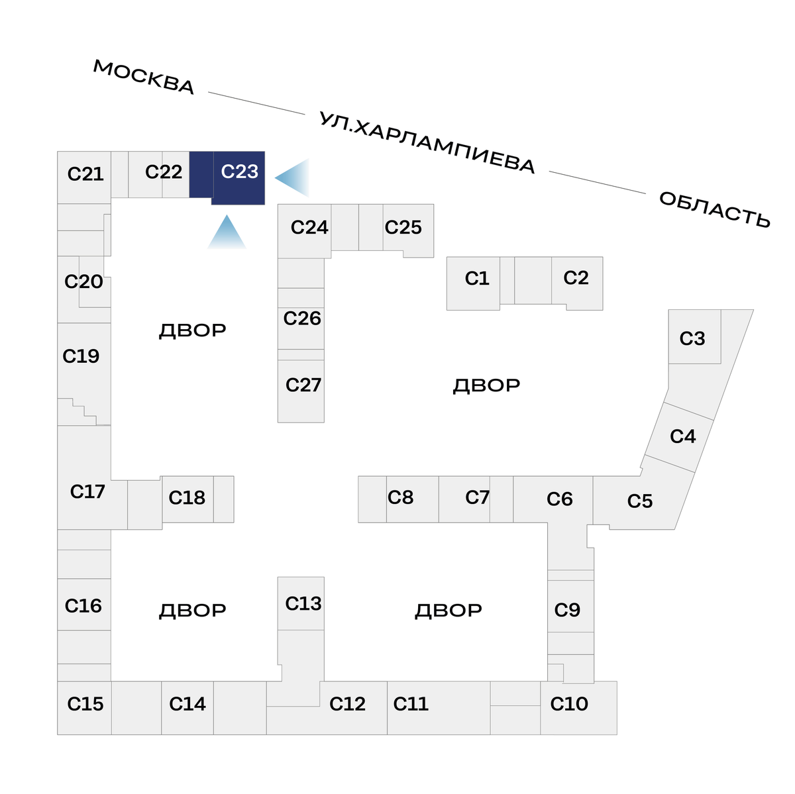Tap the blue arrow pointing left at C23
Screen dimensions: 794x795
(x=294, y=177)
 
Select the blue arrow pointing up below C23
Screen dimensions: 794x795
(x=227, y=233)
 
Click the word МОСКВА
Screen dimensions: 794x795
(x=144, y=77)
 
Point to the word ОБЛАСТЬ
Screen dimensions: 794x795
(x=715, y=209)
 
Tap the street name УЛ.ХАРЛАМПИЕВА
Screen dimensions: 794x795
(x=427, y=142)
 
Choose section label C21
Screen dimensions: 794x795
(x=85, y=174)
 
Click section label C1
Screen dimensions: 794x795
(x=477, y=278)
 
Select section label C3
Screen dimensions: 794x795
(x=692, y=338)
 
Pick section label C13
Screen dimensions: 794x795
(x=303, y=603)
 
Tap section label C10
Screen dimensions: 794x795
(x=569, y=703)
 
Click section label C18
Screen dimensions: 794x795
(x=187, y=497)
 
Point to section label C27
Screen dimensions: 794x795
(x=303, y=385)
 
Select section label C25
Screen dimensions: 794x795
(x=403, y=227)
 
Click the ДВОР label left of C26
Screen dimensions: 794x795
(x=192, y=330)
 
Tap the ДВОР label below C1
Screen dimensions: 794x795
(x=486, y=385)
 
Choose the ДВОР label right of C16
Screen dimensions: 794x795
(x=192, y=610)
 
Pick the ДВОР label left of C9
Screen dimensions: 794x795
(x=448, y=610)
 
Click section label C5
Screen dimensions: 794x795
(x=640, y=501)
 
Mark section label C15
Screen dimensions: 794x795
(x=85, y=703)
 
